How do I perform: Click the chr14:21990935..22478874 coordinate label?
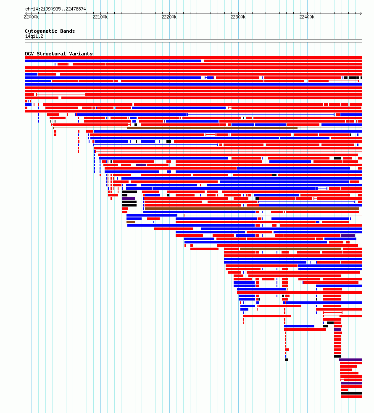[55, 9]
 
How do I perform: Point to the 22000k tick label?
[31, 17]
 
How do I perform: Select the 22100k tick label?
[100, 17]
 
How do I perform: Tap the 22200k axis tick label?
[169, 17]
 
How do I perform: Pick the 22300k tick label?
[238, 17]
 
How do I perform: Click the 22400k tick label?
[307, 17]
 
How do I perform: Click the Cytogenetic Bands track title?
[50, 31]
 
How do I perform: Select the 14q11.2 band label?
[34, 37]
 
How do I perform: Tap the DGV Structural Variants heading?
[59, 54]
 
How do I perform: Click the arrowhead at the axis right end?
[361, 13]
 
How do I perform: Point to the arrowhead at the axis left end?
[26, 13]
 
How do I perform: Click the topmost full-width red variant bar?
[193, 58]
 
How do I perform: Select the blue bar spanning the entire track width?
[193, 84]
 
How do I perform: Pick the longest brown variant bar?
[252, 209]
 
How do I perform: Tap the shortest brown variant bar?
[131, 222]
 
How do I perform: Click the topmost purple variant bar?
[141, 165]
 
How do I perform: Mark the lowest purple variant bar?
[351, 383]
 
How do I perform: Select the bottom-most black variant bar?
[351, 393]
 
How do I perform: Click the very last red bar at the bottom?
[351, 397]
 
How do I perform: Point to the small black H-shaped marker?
[53, 121]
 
